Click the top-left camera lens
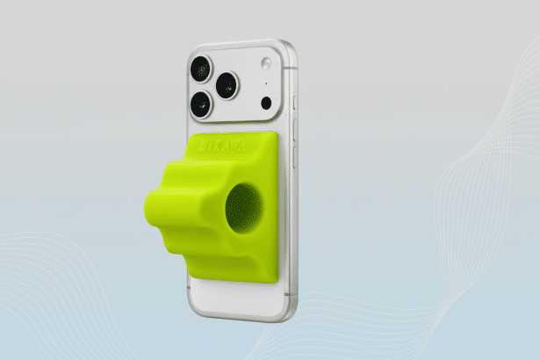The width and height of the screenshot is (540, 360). [200, 68]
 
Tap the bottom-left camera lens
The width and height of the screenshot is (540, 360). [199, 104]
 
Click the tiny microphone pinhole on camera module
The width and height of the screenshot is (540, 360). [265, 86]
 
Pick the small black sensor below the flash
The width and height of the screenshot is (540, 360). [266, 103]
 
